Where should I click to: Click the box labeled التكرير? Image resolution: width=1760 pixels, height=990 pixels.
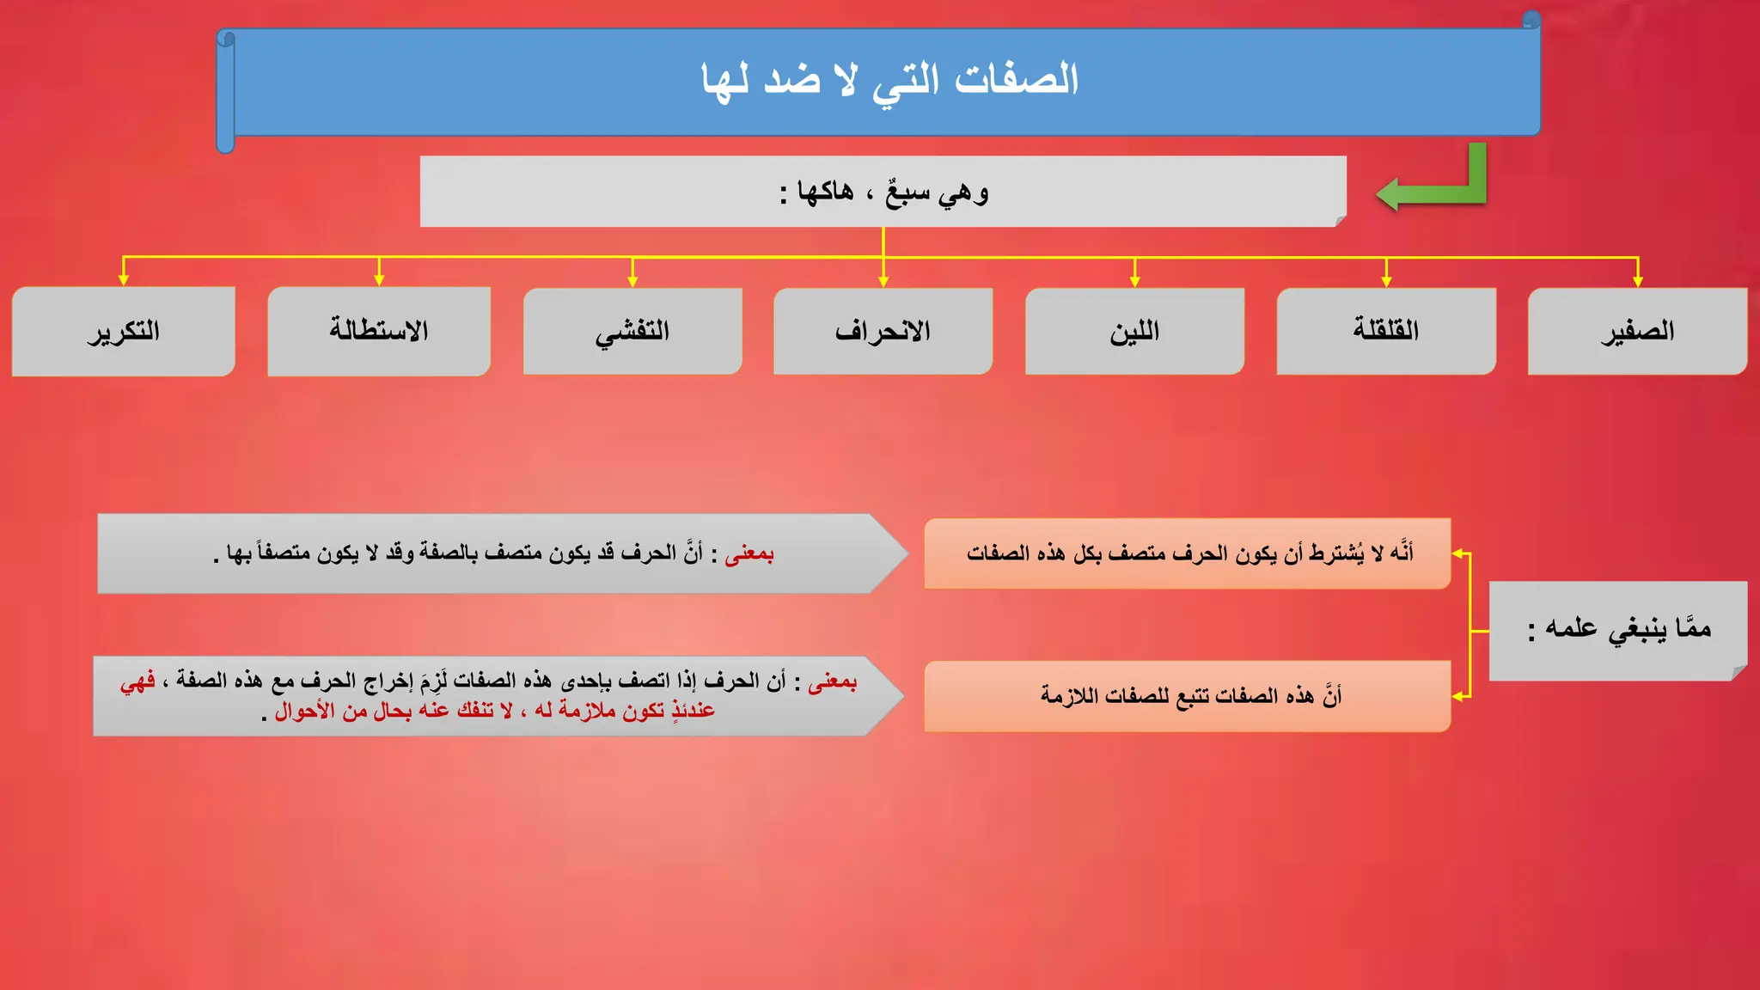[123, 332]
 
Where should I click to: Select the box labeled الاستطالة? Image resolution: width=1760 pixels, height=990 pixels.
[379, 332]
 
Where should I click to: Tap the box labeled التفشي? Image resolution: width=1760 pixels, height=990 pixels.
[632, 332]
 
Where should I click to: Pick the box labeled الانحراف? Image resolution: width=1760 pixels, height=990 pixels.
[883, 332]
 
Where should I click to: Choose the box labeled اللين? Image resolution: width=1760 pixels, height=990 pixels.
[1134, 332]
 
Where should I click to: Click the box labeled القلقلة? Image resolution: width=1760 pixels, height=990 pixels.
[1386, 332]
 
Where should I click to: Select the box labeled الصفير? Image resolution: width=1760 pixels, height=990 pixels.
[1637, 332]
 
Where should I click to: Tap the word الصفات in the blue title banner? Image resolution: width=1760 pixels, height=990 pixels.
[1017, 80]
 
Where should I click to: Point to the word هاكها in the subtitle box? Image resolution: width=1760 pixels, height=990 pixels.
[825, 192]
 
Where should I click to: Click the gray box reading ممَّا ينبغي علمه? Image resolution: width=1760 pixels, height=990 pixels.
[1618, 630]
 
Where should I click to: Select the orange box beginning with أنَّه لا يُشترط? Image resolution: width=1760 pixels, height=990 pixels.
[1188, 553]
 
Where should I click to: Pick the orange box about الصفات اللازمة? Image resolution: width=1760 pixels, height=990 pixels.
[1188, 696]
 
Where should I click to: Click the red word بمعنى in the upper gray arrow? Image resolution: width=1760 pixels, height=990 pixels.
[749, 554]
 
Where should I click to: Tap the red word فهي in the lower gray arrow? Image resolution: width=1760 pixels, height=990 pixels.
[137, 681]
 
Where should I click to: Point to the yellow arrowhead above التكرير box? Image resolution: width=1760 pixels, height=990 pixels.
[124, 280]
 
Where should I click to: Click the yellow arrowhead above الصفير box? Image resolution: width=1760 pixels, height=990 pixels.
[1638, 281]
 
